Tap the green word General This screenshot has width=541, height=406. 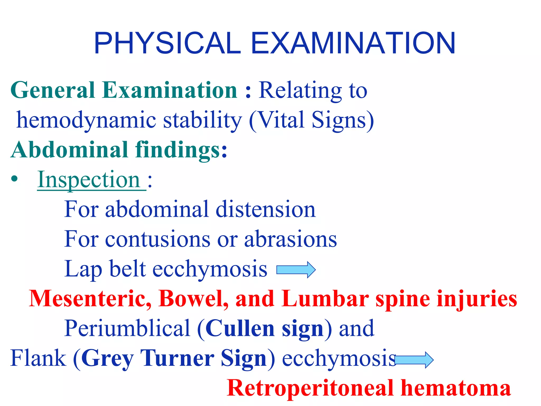[53, 90]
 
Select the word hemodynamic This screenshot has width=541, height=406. [86, 120]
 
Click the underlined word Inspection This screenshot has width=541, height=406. [89, 180]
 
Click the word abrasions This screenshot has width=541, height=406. [291, 239]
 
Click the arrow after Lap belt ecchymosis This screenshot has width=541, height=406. [296, 270]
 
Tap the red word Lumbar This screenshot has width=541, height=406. [325, 299]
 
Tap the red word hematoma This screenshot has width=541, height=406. [456, 388]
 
